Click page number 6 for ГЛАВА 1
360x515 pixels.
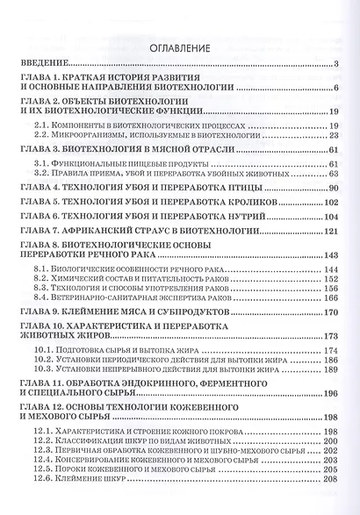[336, 89]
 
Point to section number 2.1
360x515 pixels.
[43, 125]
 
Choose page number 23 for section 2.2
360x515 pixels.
[334, 137]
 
